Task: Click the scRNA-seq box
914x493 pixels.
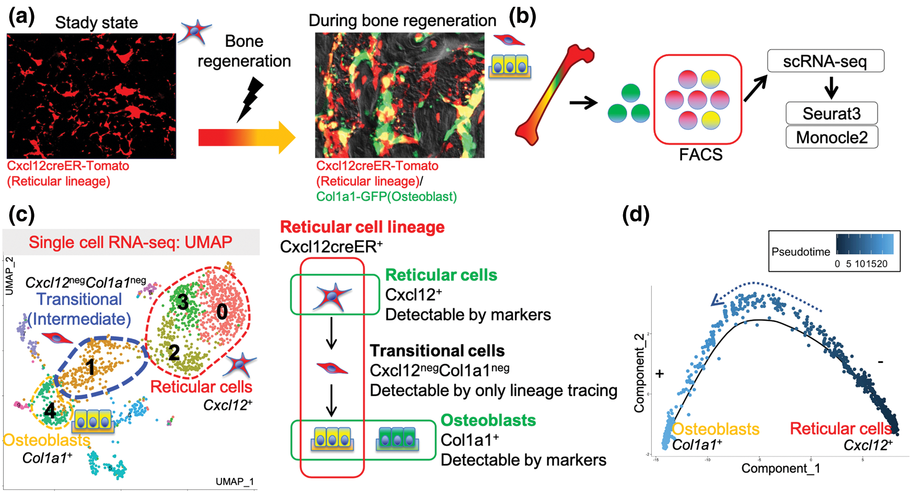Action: (x=825, y=61)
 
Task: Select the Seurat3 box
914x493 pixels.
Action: (x=831, y=113)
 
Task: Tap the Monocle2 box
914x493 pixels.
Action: (x=831, y=137)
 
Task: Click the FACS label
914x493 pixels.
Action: (x=700, y=155)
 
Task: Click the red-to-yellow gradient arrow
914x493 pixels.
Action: (x=245, y=138)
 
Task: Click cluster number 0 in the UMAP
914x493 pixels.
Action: (x=222, y=312)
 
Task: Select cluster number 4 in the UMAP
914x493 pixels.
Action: (x=50, y=410)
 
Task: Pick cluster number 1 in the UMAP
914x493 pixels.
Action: (x=91, y=367)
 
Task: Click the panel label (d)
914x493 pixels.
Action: (x=636, y=214)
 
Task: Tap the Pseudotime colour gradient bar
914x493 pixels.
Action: (x=864, y=244)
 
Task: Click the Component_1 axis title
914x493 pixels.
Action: (x=780, y=468)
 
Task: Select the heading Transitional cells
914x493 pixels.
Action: (x=437, y=350)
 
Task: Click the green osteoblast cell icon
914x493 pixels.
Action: (x=397, y=439)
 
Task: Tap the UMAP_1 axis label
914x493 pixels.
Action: (x=235, y=482)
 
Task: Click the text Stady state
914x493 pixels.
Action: (x=97, y=22)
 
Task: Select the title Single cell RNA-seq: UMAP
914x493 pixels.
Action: (x=131, y=242)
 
